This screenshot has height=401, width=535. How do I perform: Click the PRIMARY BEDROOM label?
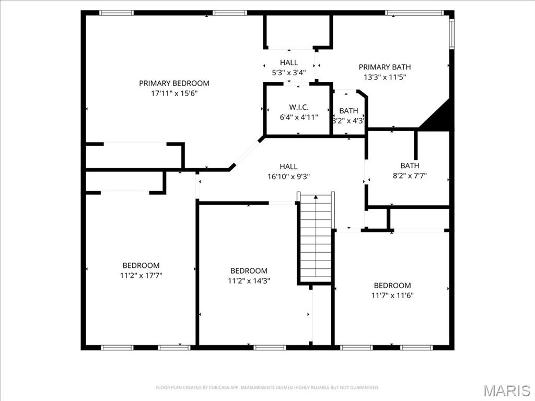tap(174, 83)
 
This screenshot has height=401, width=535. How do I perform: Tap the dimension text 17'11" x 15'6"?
tap(174, 93)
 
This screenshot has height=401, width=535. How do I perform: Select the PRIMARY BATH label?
tap(385, 67)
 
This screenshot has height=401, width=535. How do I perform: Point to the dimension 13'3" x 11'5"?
tap(385, 77)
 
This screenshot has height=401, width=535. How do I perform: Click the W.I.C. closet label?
tap(298, 107)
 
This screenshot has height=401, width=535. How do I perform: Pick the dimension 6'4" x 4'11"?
tap(298, 117)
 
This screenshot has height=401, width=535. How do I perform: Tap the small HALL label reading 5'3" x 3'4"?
tap(289, 63)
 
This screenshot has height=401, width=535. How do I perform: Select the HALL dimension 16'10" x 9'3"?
tap(289, 176)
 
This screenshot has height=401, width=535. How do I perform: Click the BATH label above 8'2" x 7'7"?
tap(410, 166)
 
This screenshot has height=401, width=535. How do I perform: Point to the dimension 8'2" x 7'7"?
tap(410, 176)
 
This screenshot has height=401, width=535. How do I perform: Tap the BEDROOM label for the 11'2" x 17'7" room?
tap(141, 265)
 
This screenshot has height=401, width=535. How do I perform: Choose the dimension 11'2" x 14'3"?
tap(249, 281)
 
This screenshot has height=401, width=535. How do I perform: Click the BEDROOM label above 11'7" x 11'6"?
tap(392, 285)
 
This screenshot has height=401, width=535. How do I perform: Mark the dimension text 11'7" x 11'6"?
tap(392, 296)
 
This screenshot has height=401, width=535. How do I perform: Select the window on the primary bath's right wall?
tap(452, 33)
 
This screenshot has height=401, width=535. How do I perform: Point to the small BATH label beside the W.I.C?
tap(348, 111)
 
